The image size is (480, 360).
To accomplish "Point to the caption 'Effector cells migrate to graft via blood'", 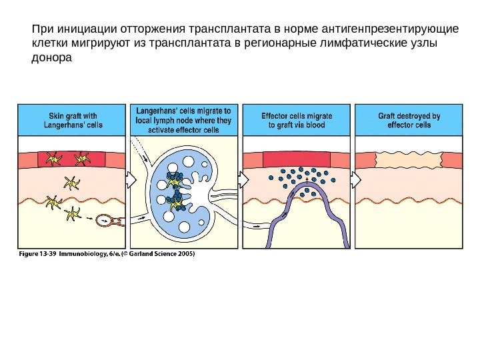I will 297,120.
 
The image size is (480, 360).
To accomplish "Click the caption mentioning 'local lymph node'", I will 184,120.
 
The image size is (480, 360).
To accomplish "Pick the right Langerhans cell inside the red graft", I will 81,159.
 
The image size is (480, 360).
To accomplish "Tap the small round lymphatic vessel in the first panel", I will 105,219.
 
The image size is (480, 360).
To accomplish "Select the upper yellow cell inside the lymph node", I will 175,180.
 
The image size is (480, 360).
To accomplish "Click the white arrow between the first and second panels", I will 131,179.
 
